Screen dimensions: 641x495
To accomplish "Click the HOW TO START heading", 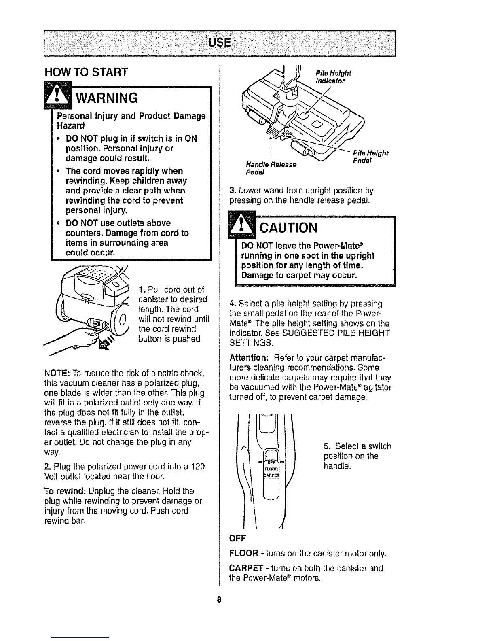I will click(86, 72).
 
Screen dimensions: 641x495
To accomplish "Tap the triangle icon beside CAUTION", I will click(239, 226).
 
